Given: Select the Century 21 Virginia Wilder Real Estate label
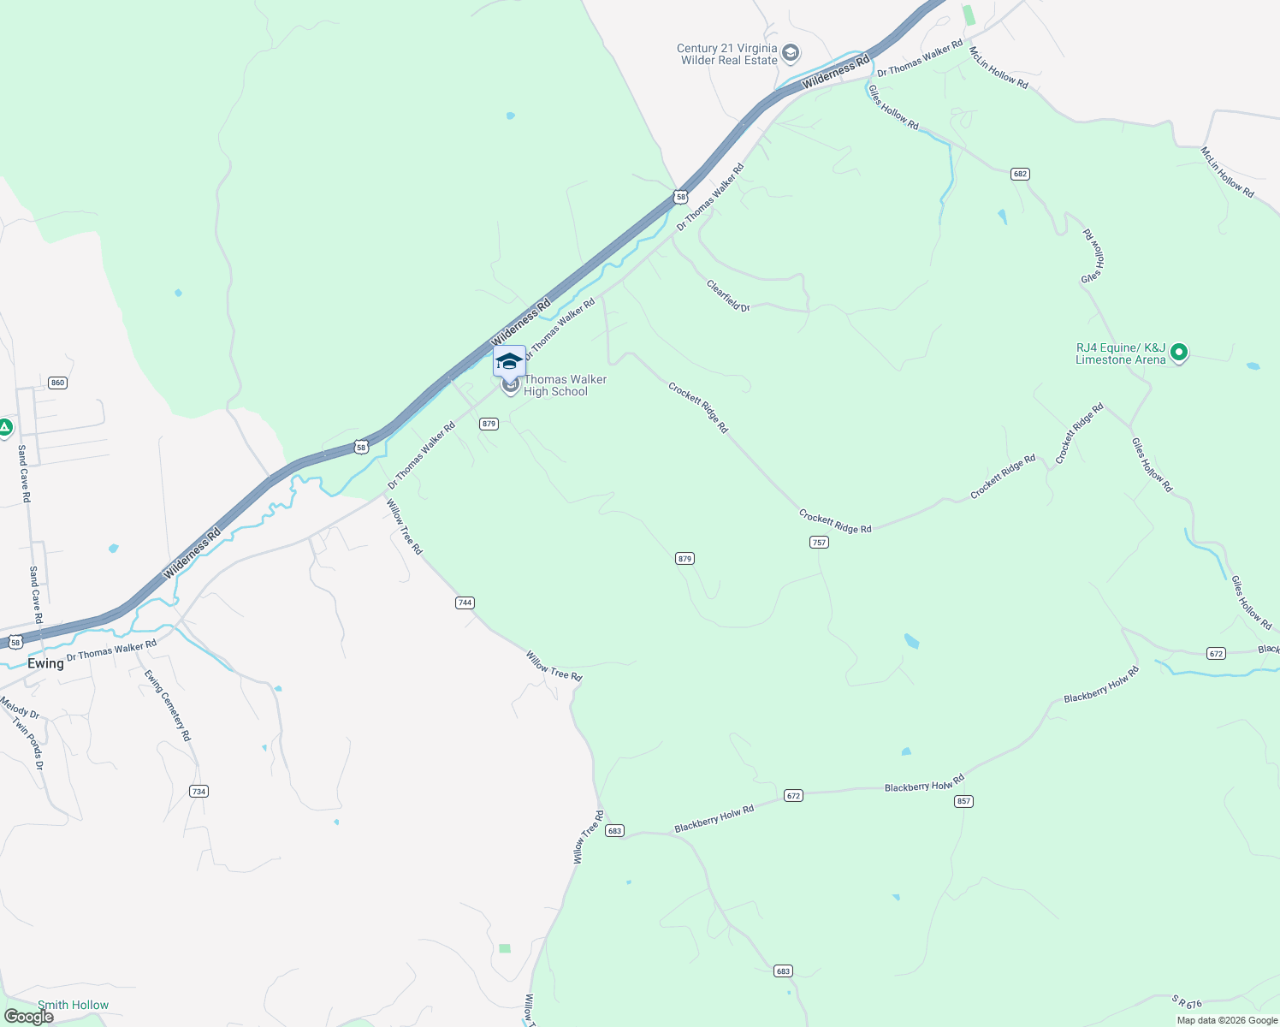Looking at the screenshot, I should tap(728, 54).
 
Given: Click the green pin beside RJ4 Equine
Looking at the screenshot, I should tap(1179, 353).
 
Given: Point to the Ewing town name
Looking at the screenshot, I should tap(45, 663).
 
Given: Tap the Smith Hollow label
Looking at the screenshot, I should tap(73, 1005).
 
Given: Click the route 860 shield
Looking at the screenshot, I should tap(57, 383).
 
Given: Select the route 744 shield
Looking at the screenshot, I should tap(465, 603).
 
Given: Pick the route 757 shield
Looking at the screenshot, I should tap(819, 543).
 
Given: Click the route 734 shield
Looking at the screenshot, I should tap(199, 792).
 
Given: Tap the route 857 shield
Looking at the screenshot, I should tap(964, 801).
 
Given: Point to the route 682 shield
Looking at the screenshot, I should tap(1019, 174).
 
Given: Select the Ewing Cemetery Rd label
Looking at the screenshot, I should tap(168, 705).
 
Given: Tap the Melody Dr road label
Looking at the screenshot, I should tap(19, 708).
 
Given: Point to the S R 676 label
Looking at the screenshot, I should tap(1187, 1001).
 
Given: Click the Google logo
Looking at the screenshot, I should tap(28, 1017).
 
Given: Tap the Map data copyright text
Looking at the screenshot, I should tap(1227, 1020).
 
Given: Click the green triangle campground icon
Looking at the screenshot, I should tap(5, 427).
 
